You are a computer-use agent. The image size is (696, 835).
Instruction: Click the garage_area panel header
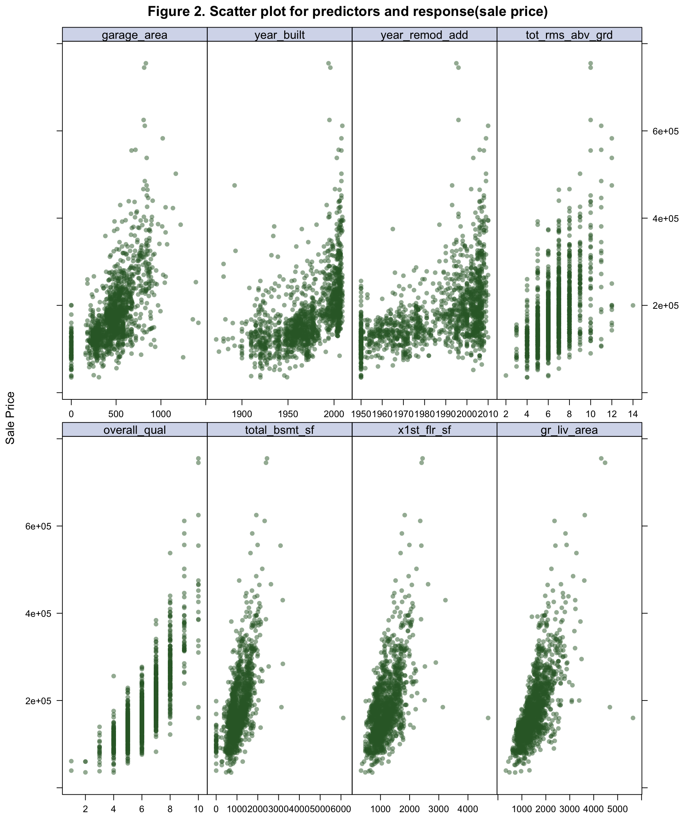[x=134, y=35]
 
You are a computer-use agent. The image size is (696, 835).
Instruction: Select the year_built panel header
[x=279, y=35]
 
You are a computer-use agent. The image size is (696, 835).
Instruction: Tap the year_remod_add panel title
[x=424, y=35]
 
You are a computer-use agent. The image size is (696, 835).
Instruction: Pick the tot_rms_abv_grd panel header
[x=569, y=35]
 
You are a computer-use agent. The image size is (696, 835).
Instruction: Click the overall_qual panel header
[x=134, y=430]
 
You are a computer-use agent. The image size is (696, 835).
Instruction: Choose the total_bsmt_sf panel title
[x=279, y=430]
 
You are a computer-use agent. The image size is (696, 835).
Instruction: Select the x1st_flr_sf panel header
[x=424, y=430]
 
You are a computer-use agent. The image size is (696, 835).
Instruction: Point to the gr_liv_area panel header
[x=569, y=430]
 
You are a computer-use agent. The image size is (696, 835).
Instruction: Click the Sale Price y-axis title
[x=11, y=417]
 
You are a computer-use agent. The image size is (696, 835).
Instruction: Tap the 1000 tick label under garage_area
[x=161, y=414]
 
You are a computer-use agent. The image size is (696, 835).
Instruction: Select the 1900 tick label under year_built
[x=242, y=414]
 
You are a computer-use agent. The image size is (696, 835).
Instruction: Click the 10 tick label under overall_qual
[x=198, y=809]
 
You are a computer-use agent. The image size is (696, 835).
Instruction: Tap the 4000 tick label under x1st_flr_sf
[x=467, y=809]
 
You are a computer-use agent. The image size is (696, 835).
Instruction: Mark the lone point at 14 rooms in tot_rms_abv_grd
[x=633, y=306]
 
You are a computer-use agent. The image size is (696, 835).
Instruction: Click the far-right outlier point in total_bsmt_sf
[x=343, y=718]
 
